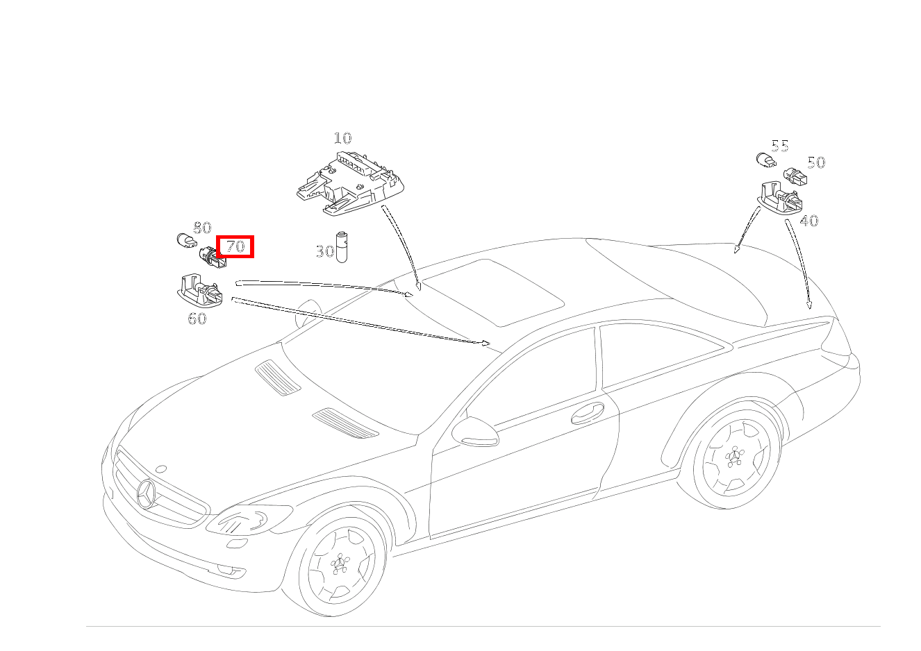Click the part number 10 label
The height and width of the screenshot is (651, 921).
pos(342,138)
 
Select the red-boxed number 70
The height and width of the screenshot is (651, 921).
pos(235,246)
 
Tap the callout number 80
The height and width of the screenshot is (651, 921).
pos(202,228)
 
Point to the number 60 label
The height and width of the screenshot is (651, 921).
pos(197,319)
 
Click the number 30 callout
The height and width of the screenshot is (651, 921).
pos(325,251)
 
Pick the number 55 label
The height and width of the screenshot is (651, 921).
pos(779,146)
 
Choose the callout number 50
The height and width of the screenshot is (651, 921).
pos(816,162)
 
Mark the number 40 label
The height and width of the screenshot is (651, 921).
pos(809,221)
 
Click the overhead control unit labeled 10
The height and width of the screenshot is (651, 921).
pos(351,183)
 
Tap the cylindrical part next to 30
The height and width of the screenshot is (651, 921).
pos(342,247)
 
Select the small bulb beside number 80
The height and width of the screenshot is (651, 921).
pos(187,240)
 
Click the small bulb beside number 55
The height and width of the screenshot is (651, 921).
pos(766,160)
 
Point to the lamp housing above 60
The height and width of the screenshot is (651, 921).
pos(201,291)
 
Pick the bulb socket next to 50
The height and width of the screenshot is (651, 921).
pos(795,176)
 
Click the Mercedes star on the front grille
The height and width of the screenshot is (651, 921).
pos(146,493)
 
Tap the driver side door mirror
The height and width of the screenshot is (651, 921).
pos(475,432)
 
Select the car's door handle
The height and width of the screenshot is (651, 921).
pos(588,413)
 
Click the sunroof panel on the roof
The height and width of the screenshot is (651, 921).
pos(493,292)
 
